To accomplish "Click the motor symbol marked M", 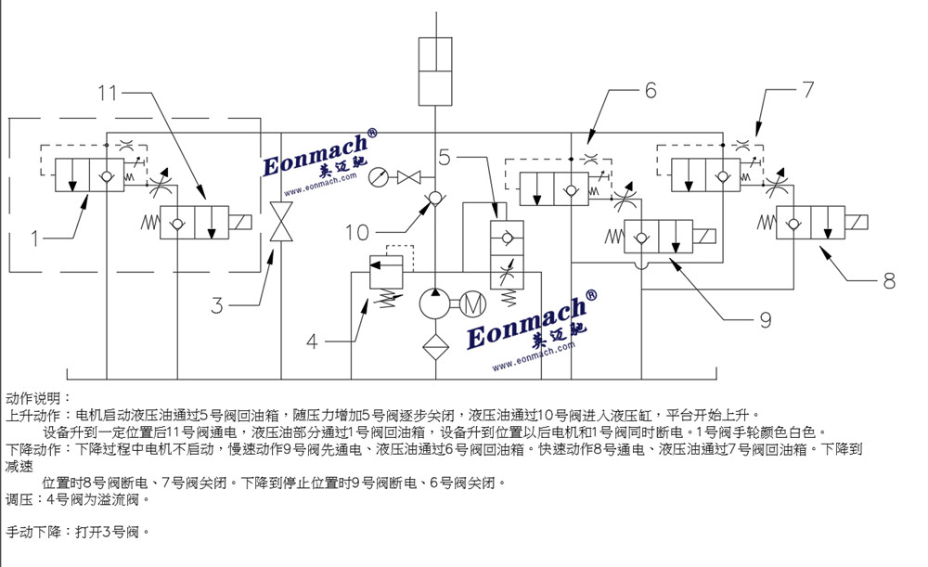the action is click(x=472, y=304).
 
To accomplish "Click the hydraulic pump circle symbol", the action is click(x=435, y=304).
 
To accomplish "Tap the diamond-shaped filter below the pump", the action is click(x=435, y=347).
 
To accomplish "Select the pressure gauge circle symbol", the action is click(x=379, y=177).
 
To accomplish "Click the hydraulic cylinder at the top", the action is click(x=435, y=71).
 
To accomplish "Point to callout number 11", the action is click(x=109, y=93).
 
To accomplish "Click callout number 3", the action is click(x=216, y=305).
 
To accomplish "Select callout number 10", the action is click(x=357, y=233).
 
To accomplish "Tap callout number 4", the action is click(x=312, y=341).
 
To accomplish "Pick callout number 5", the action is click(x=445, y=157).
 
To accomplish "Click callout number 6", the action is click(x=651, y=90).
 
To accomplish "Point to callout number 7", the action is click(x=808, y=89).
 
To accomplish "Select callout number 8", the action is click(x=889, y=281).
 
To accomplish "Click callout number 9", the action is click(x=766, y=320).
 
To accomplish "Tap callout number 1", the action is click(x=34, y=238).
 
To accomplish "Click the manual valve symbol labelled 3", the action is click(x=281, y=222).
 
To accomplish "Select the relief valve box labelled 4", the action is click(x=386, y=272).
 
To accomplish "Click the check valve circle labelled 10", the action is click(x=435, y=198).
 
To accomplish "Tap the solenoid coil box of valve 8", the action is click(x=857, y=223).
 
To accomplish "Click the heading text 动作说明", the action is click(x=38, y=397).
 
